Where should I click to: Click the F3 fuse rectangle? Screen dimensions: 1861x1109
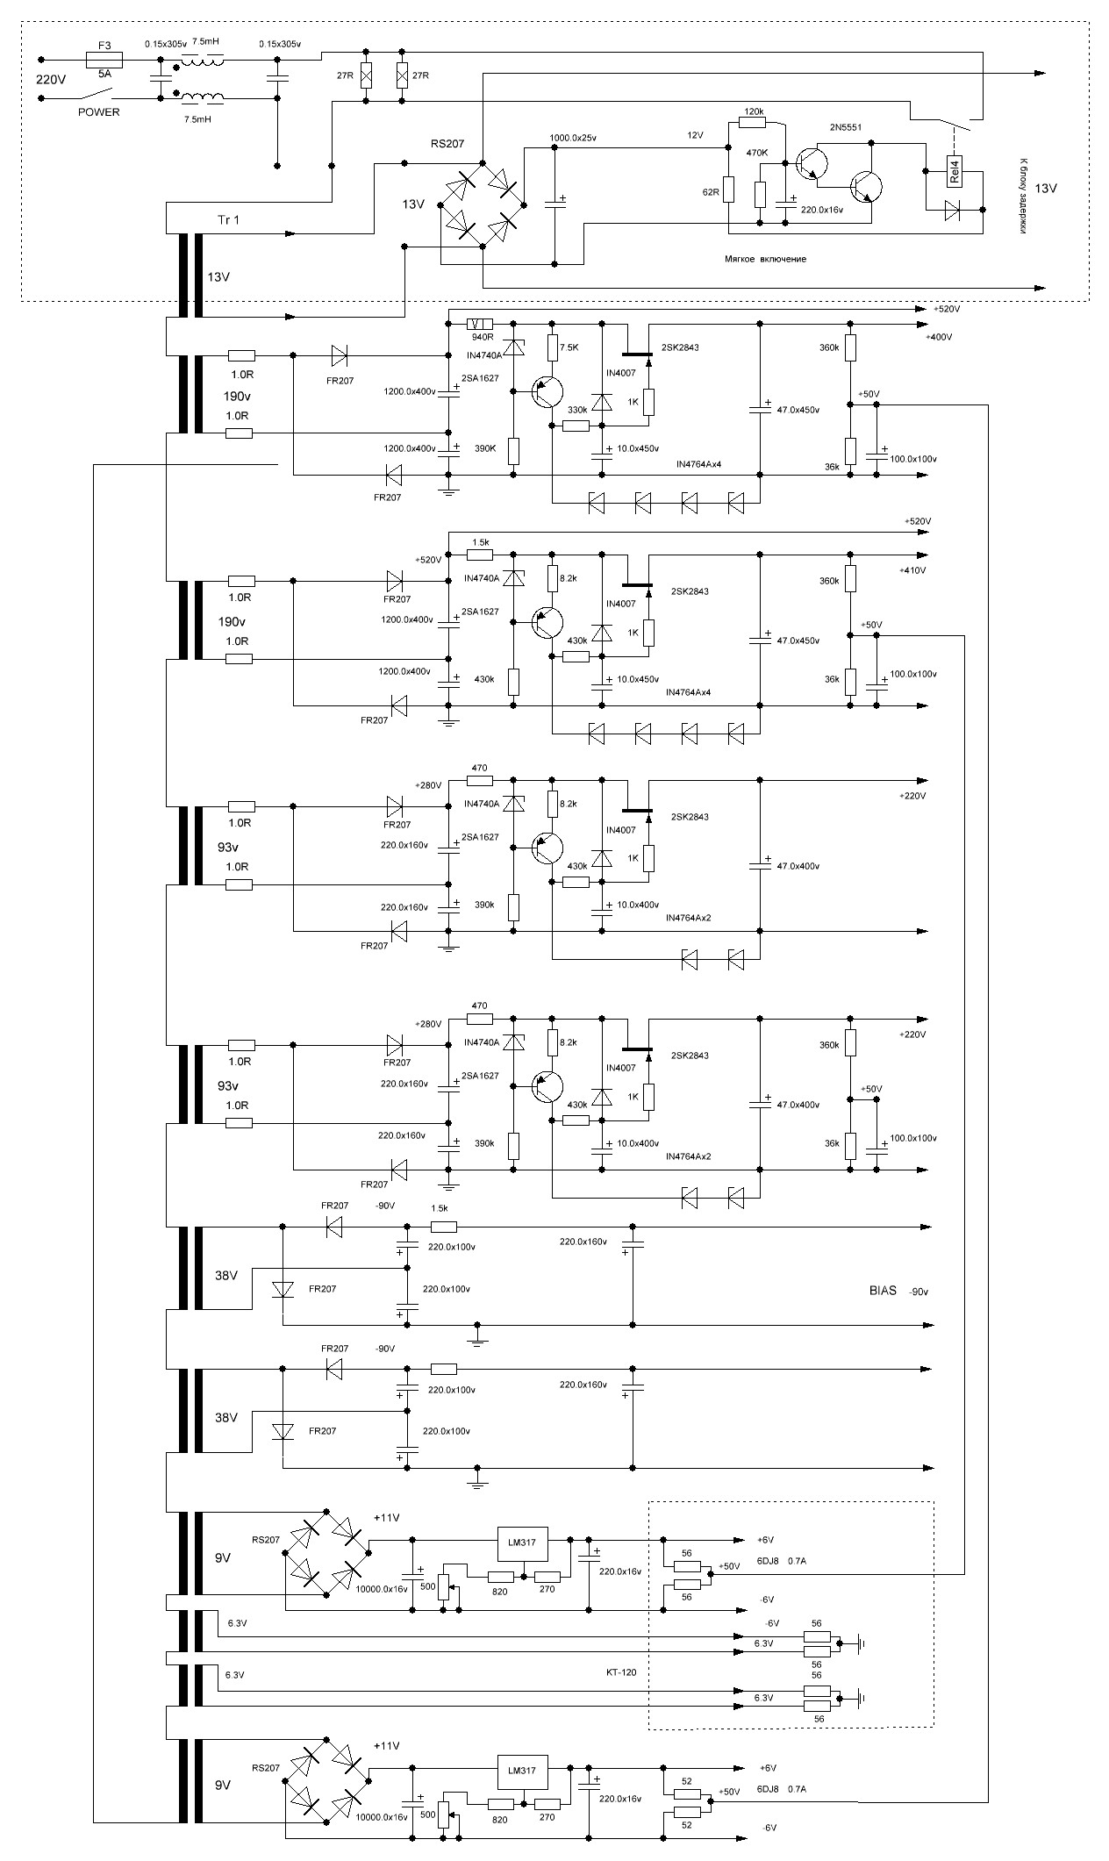(104, 60)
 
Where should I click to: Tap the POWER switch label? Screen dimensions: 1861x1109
(99, 112)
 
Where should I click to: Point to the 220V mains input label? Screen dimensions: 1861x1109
(51, 79)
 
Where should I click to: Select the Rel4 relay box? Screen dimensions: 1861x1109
(955, 169)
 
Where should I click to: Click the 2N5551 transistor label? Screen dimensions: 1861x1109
(845, 127)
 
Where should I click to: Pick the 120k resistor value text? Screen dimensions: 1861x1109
(753, 112)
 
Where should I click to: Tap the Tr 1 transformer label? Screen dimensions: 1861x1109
(228, 219)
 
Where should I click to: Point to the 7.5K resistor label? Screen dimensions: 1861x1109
(570, 347)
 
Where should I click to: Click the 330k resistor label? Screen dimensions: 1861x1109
(577, 411)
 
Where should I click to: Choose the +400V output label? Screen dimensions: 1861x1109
(938, 337)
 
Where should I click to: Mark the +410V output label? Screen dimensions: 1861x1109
(913, 570)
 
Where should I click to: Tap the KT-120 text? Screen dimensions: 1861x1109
(621, 1672)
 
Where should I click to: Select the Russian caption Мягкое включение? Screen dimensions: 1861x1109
(765, 260)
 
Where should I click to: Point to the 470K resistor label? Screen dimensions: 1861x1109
(756, 153)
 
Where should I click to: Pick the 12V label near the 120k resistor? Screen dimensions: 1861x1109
(695, 136)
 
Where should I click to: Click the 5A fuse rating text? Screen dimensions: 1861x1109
(104, 75)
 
